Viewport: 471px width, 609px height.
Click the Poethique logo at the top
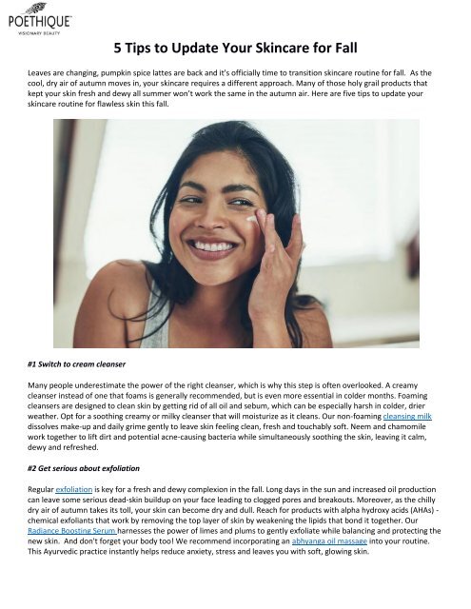click(37, 16)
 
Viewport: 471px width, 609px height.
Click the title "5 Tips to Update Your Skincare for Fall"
click(235, 48)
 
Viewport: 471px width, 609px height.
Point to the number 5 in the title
click(117, 48)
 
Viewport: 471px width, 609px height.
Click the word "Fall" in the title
click(339, 48)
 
